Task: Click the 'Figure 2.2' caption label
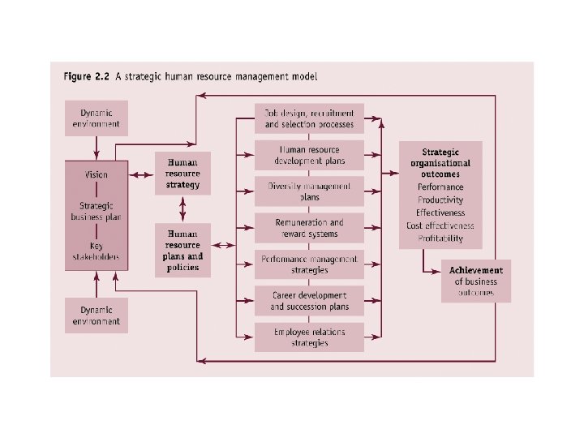[x=87, y=77]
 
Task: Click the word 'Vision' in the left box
[x=96, y=174]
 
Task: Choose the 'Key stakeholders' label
[x=97, y=252]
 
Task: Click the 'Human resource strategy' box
[x=182, y=174]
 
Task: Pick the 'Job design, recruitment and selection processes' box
[x=309, y=118]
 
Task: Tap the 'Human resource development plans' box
[x=309, y=155]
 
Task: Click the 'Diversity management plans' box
[x=309, y=191]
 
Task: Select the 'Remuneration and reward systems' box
[x=309, y=228]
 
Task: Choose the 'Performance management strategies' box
[x=309, y=264]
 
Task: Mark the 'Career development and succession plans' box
[x=309, y=301]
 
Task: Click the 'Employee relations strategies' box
[x=309, y=337]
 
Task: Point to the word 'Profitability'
[x=440, y=238]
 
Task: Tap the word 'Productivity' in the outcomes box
[x=440, y=200]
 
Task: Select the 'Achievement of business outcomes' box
[x=476, y=281]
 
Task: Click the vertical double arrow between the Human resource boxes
[x=182, y=209]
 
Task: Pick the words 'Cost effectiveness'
[x=440, y=225]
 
